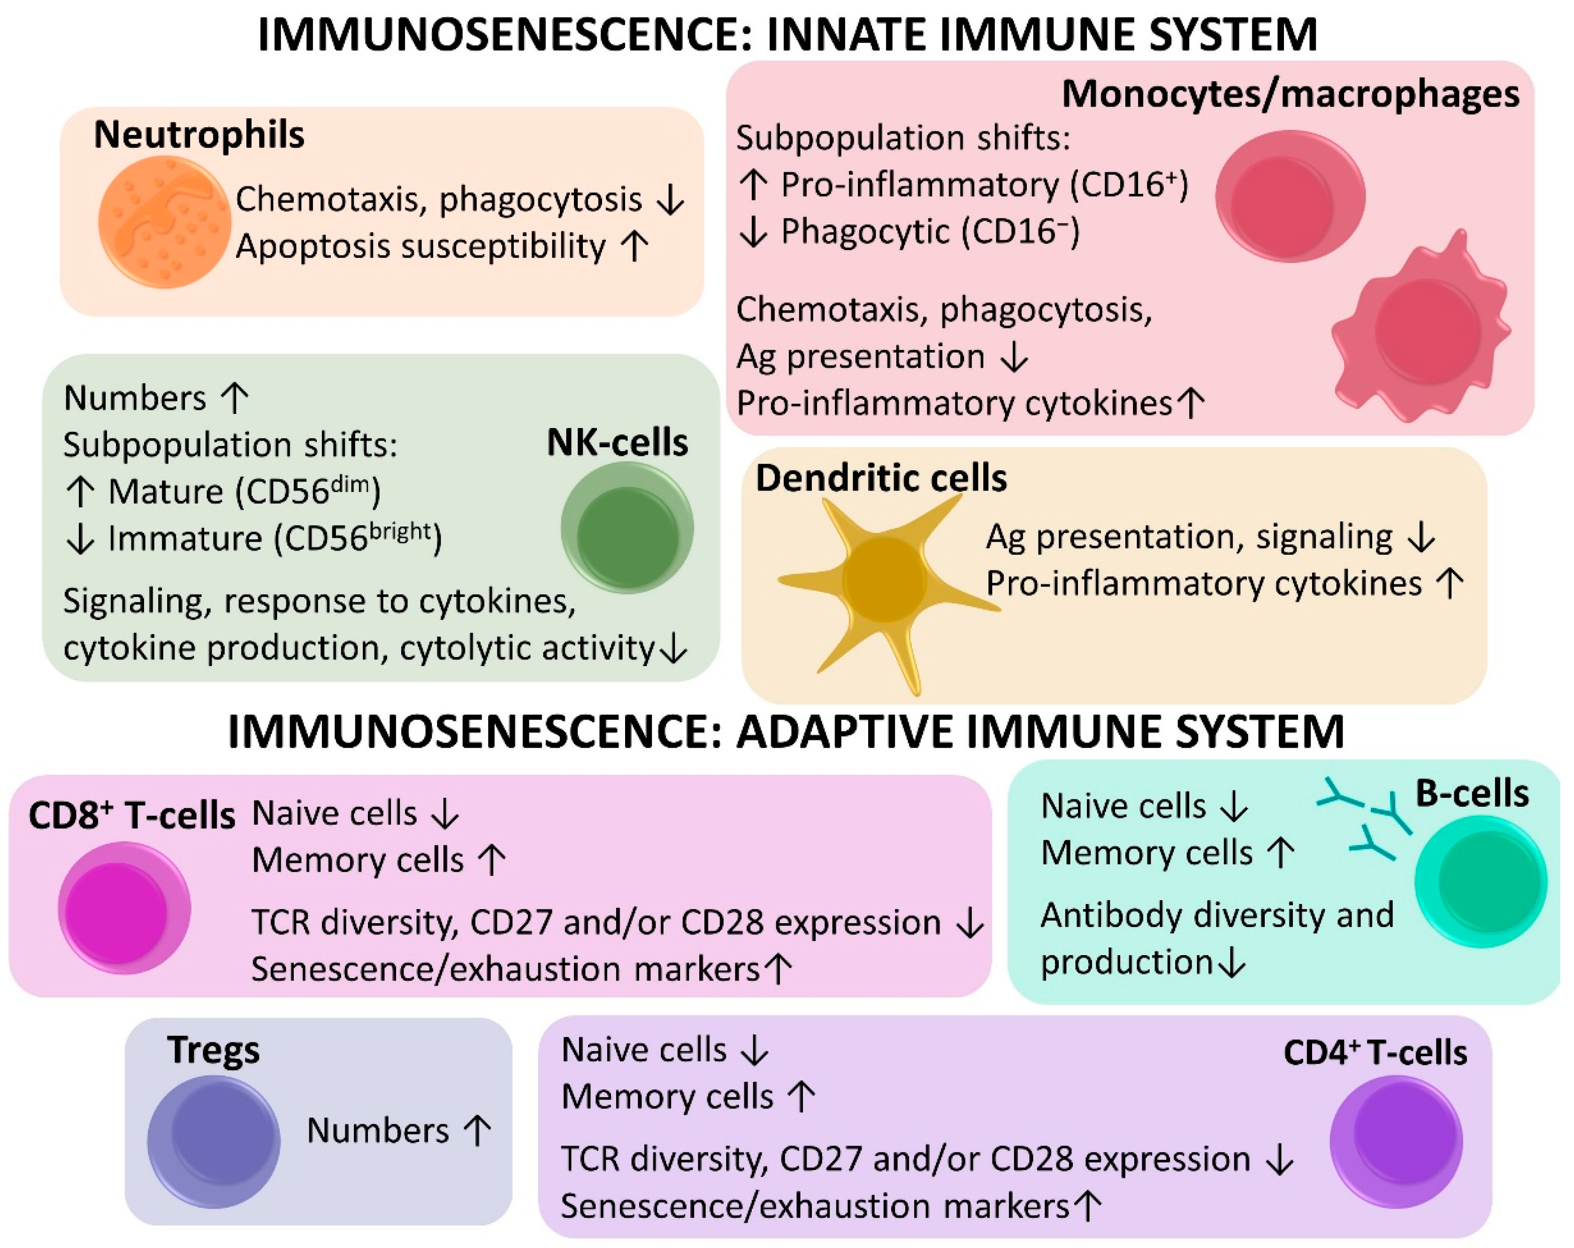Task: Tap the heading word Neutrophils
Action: pos(199,135)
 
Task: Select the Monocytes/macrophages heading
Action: pos(1290,94)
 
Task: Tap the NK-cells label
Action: pos(617,443)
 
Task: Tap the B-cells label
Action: pos(1472,794)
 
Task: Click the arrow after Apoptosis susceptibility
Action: pos(634,246)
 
